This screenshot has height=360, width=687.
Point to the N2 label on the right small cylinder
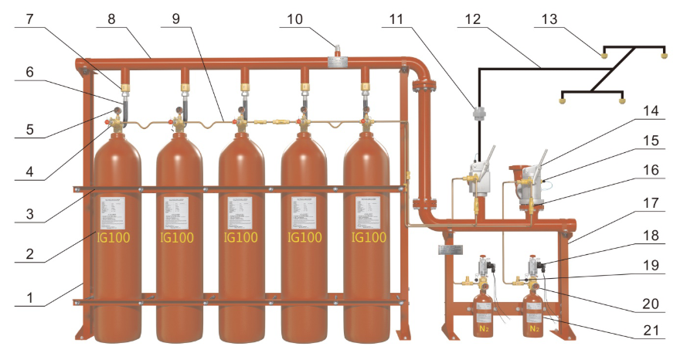tap(533, 328)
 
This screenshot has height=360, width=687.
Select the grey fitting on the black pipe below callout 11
tap(478, 114)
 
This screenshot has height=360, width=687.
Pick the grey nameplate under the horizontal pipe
tap(449, 249)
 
